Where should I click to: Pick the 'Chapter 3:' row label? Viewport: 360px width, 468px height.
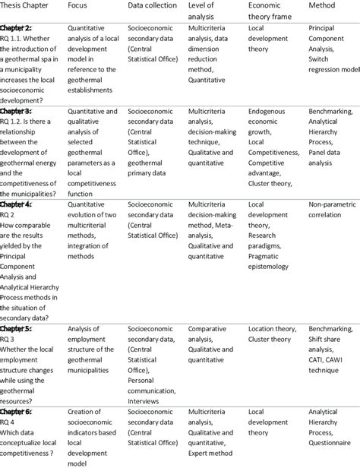point(15,111)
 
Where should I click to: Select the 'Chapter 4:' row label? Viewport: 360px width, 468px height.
point(15,205)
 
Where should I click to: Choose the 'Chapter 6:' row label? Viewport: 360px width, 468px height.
point(15,411)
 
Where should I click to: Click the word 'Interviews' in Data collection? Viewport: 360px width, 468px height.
point(146,400)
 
